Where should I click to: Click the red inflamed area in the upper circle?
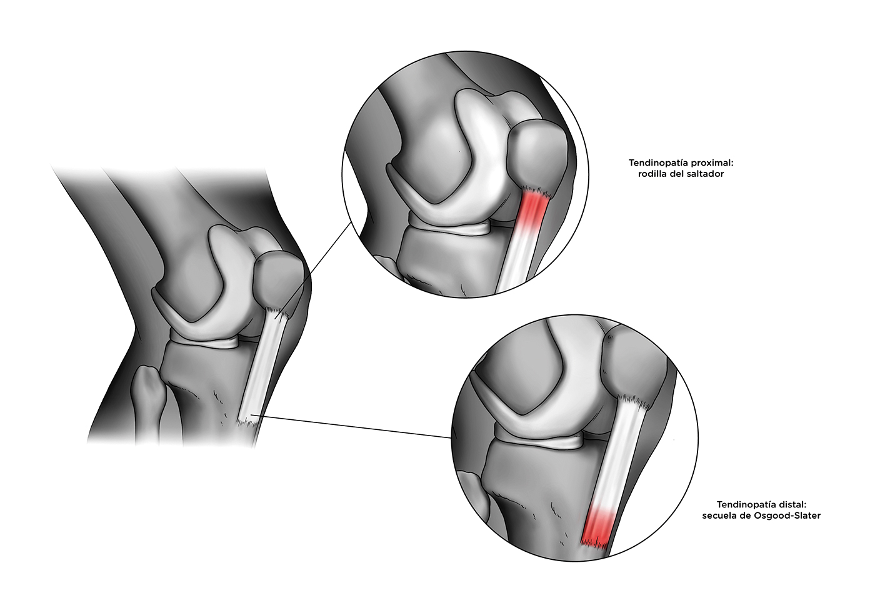tap(533, 210)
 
